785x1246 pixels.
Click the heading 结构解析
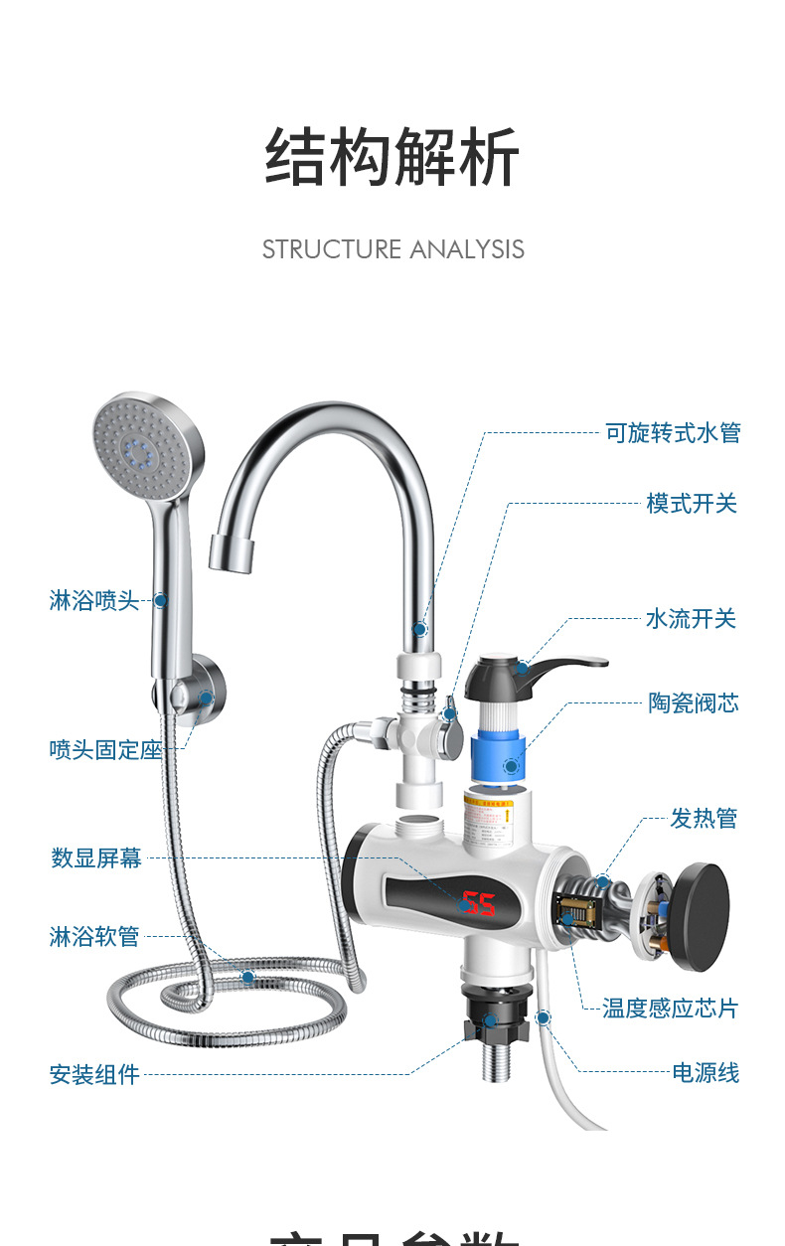pyautogui.click(x=392, y=158)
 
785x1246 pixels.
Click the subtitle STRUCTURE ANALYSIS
pyautogui.click(x=392, y=249)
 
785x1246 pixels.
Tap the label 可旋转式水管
pyautogui.click(x=673, y=433)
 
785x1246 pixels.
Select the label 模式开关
pyautogui.click(x=692, y=504)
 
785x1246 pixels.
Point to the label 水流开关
pyautogui.click(x=691, y=619)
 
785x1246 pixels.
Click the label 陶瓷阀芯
pyautogui.click(x=694, y=703)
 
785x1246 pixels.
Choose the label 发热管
pyautogui.click(x=704, y=819)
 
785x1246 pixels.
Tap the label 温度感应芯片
pyautogui.click(x=671, y=1009)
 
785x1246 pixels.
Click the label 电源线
pyautogui.click(x=706, y=1073)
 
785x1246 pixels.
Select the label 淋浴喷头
pyautogui.click(x=94, y=600)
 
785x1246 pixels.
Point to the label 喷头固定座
pyautogui.click(x=105, y=750)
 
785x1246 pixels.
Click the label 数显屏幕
pyautogui.click(x=96, y=858)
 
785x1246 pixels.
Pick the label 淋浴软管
pyautogui.click(x=94, y=936)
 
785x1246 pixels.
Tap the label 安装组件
pyautogui.click(x=94, y=1074)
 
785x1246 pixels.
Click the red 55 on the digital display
pyautogui.click(x=479, y=903)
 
